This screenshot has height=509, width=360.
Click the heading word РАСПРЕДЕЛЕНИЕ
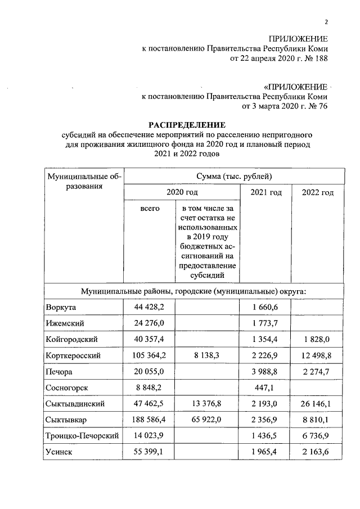187,124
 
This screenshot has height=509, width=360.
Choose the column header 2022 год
318,193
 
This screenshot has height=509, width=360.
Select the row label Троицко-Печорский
80,436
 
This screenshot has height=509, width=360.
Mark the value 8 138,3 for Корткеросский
209,355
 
